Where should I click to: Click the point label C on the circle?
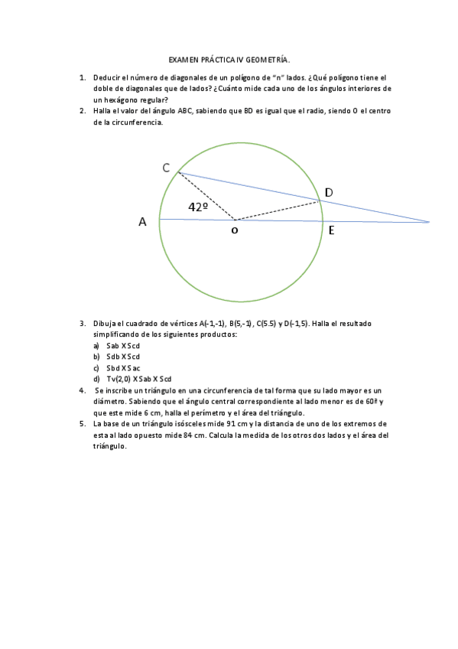point(166,168)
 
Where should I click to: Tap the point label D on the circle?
point(329,192)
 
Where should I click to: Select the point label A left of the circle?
point(142,222)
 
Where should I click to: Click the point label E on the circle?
point(331,229)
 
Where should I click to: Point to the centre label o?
point(235,230)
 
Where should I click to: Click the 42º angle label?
point(199,207)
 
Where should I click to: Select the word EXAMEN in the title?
point(183,60)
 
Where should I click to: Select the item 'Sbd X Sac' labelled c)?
point(123,367)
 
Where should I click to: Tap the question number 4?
point(82,390)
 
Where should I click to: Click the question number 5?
point(82,423)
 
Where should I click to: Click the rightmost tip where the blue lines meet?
point(429,222)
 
